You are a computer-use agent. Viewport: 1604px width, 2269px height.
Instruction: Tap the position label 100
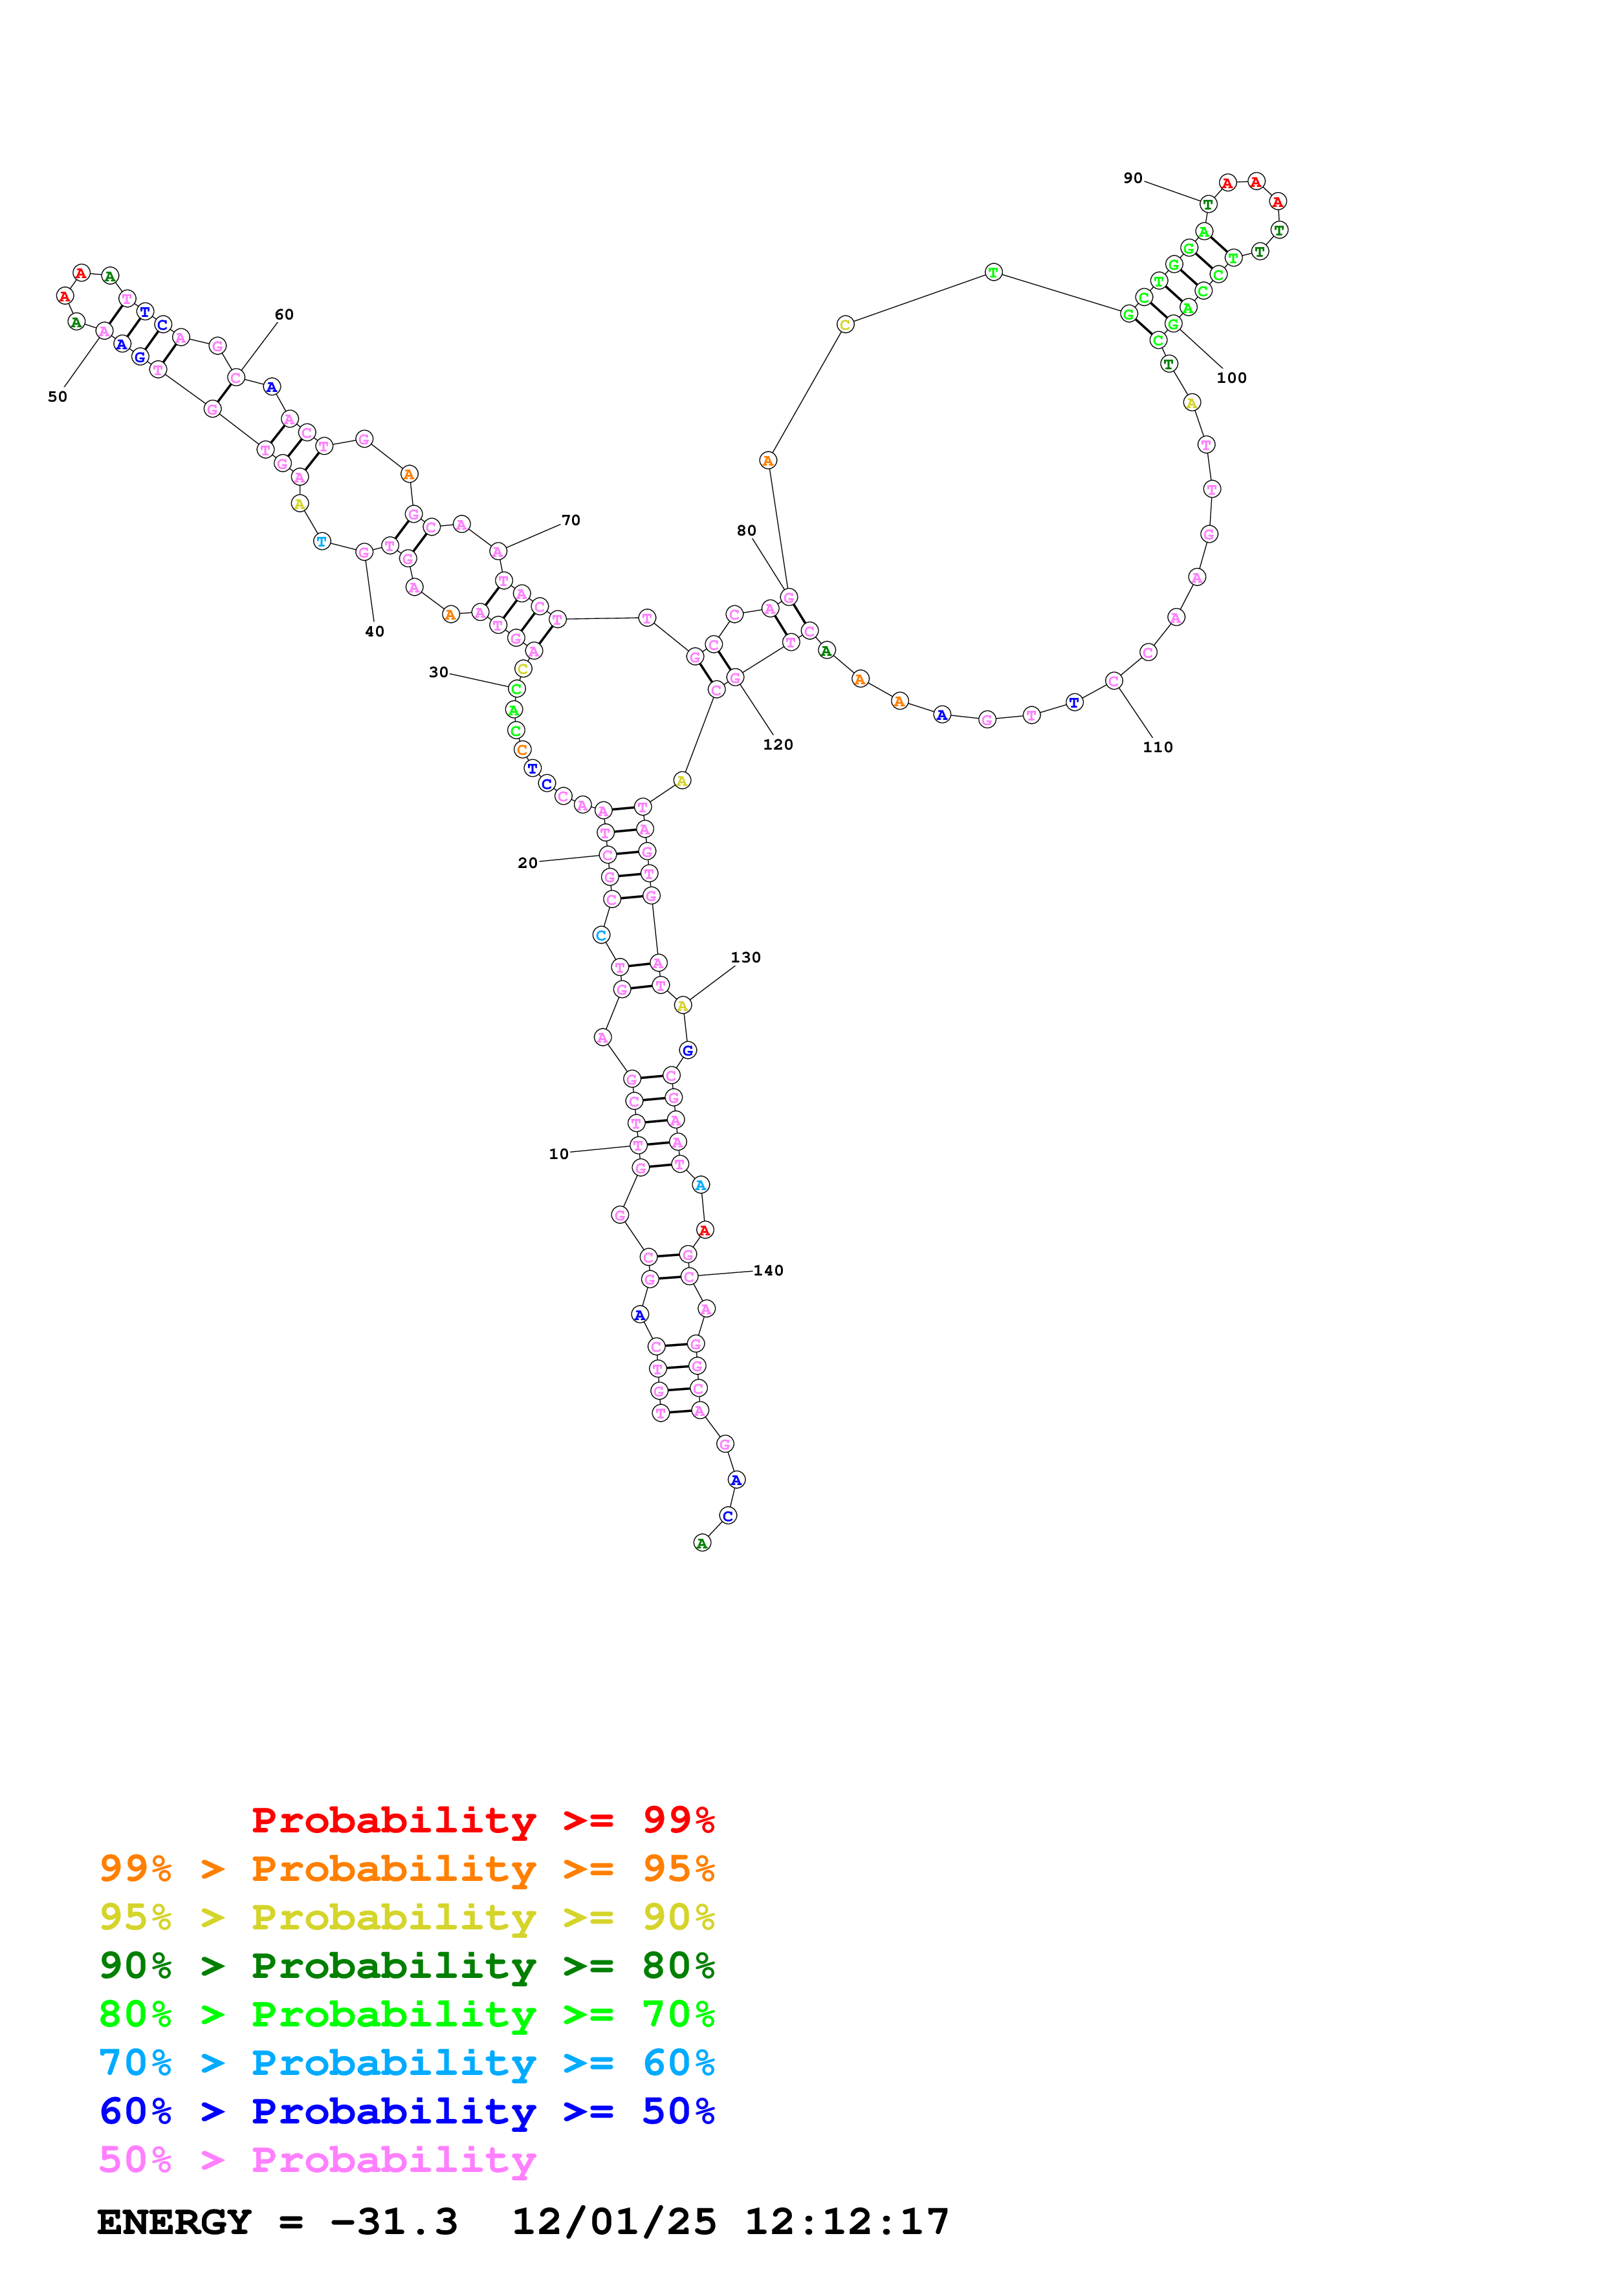pyautogui.click(x=1231, y=378)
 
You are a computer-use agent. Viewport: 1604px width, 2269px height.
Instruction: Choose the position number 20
pyautogui.click(x=528, y=863)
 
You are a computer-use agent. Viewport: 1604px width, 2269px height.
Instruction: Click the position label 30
pyautogui.click(x=438, y=672)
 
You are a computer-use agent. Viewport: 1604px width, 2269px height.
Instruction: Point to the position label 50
pyautogui.click(x=58, y=396)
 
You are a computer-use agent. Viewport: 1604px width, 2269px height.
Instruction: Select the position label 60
pyautogui.click(x=283, y=314)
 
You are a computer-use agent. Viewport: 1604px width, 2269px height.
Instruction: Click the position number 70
pyautogui.click(x=570, y=520)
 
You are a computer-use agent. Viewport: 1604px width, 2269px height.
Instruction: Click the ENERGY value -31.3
pyautogui.click(x=393, y=2222)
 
